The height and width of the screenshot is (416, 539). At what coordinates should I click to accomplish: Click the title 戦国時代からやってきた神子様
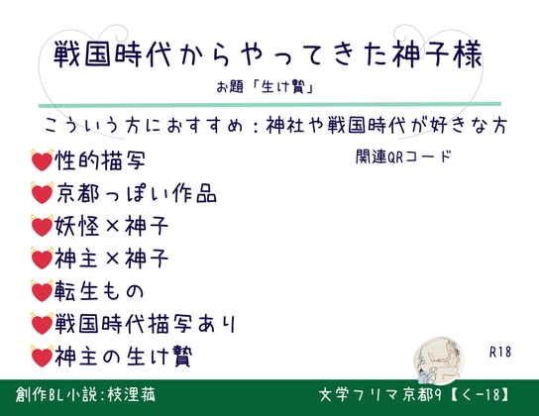pos(268,54)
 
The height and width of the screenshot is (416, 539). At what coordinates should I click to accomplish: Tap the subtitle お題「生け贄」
pos(265,86)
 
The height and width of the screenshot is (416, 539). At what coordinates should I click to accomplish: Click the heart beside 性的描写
pos(42,160)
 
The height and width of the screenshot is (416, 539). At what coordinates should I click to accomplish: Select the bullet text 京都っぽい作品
pos(136,193)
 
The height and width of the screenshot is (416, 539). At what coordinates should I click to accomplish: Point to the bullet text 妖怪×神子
pos(111,226)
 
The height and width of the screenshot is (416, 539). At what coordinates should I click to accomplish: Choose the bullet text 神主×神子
pos(111,259)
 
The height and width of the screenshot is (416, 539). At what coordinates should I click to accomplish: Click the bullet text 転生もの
pos(99,291)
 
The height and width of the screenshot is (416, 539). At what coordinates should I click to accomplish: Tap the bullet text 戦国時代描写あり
pos(145,324)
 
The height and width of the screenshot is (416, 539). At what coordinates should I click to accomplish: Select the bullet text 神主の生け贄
pos(124,357)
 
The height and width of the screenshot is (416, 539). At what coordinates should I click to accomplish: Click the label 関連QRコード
pos(403,156)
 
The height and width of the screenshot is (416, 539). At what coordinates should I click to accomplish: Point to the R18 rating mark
pos(500,352)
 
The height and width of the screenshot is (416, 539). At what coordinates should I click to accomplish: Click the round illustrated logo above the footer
pos(438,360)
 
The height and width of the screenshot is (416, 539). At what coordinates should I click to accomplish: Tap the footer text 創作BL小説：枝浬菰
pos(85,394)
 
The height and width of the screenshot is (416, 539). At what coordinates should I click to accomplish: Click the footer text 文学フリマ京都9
pos(379,395)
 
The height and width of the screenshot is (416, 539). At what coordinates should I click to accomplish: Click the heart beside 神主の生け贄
pos(42,357)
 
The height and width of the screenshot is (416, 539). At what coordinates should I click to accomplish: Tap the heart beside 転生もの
pos(42,291)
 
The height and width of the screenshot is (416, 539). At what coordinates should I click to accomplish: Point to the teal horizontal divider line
pos(269,104)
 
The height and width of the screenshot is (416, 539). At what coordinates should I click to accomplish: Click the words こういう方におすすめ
pos(144,126)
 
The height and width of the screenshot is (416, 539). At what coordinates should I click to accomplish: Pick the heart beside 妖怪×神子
pos(42,226)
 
